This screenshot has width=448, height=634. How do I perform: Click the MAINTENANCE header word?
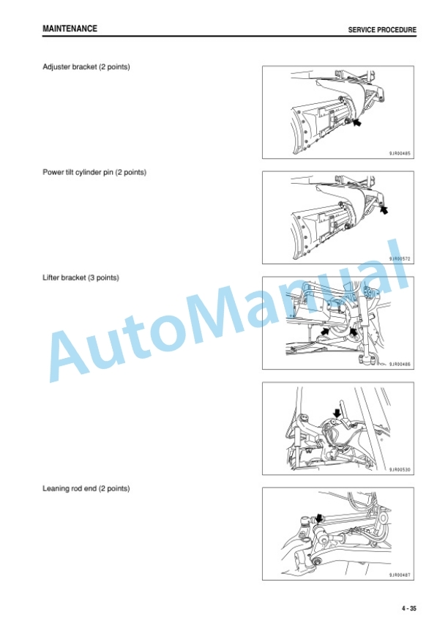click(70, 29)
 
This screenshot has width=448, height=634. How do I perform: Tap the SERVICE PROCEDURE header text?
click(382, 30)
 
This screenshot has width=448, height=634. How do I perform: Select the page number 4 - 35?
click(408, 608)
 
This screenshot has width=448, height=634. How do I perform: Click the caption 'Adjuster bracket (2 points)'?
click(86, 67)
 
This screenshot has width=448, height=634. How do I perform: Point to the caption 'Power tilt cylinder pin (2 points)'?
click(94, 173)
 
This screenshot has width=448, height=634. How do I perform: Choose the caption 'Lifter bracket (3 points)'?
click(81, 277)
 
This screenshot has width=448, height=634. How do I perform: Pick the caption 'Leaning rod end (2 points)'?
click(86, 488)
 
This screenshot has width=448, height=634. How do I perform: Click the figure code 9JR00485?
click(400, 154)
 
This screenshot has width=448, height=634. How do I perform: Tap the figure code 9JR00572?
click(400, 258)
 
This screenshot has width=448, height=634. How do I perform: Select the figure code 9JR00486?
click(400, 365)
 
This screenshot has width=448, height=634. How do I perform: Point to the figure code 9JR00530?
click(400, 470)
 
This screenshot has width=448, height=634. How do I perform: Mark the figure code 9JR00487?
click(400, 575)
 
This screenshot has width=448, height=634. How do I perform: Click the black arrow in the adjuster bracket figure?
click(356, 122)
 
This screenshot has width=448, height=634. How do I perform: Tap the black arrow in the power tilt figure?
click(384, 210)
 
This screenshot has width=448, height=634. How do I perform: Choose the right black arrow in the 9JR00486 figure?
click(354, 332)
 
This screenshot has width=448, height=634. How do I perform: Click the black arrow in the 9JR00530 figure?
click(337, 413)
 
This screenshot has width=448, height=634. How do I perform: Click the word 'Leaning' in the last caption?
click(56, 488)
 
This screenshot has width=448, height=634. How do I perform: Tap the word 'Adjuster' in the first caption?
click(56, 67)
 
